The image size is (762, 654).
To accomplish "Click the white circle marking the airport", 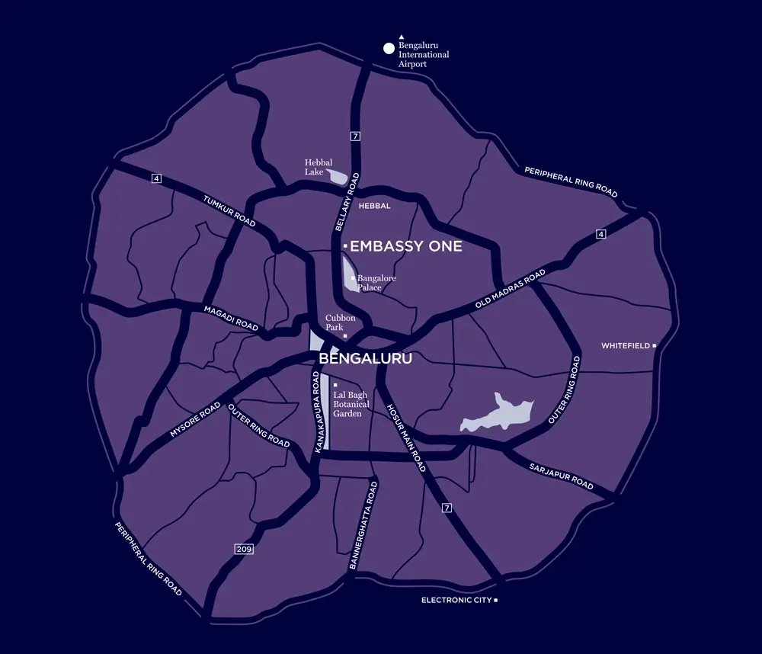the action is [389, 49].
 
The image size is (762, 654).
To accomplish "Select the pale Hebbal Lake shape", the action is [336, 177].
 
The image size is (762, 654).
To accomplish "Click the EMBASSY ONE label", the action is [405, 247].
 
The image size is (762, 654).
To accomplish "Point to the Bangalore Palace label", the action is [376, 283].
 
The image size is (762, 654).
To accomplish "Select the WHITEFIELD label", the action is [626, 346].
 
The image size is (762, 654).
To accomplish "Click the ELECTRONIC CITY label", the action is [457, 601].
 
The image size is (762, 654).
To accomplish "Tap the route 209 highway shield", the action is [242, 549].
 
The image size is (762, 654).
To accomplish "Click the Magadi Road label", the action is [232, 317].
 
